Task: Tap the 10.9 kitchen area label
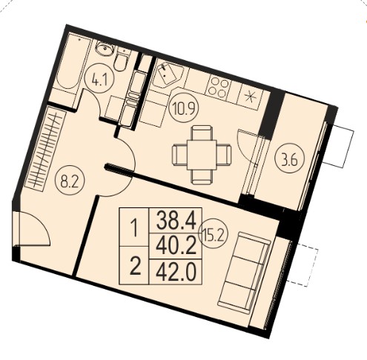click(x=184, y=108)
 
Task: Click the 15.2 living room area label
click(x=213, y=233)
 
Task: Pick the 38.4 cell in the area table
click(x=176, y=221)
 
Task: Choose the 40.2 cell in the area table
click(x=176, y=247)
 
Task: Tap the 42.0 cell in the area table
click(x=176, y=272)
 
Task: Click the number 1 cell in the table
click(x=134, y=227)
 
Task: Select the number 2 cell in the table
click(x=134, y=266)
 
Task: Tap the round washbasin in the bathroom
click(x=105, y=49)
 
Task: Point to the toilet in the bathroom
click(x=121, y=59)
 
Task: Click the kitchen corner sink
click(x=168, y=74)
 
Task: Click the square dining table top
click(x=202, y=155)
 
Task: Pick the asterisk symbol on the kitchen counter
click(x=250, y=97)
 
